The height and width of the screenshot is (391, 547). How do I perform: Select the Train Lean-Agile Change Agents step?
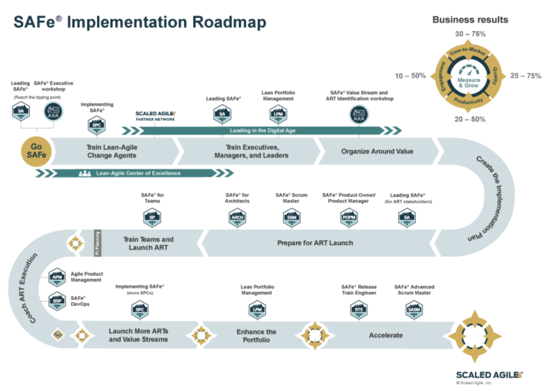(111, 151)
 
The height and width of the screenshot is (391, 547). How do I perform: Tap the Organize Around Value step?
(377, 151)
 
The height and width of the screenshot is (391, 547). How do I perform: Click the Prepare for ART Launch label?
(315, 243)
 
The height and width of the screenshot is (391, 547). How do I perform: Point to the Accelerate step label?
(386, 335)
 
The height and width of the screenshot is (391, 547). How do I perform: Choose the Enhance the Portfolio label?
(256, 335)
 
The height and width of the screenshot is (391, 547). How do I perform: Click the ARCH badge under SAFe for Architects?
(237, 217)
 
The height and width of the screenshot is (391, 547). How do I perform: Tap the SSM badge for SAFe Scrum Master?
(291, 217)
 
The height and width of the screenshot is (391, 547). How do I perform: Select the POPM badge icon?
(349, 217)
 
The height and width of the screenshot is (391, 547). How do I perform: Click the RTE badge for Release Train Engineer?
(358, 309)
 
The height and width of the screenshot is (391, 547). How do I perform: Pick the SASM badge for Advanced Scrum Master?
(413, 309)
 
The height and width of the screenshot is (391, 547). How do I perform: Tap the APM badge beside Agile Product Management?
(56, 277)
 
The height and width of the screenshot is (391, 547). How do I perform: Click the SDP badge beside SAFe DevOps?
(56, 301)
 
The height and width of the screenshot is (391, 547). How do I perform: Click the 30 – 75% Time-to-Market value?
(468, 34)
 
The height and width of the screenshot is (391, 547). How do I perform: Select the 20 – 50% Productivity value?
(468, 119)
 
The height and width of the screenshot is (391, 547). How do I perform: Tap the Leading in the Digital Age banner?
(262, 131)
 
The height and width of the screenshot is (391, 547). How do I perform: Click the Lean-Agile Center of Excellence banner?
(138, 173)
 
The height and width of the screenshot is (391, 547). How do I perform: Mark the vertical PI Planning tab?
(97, 243)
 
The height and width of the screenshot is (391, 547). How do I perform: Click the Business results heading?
(470, 20)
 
